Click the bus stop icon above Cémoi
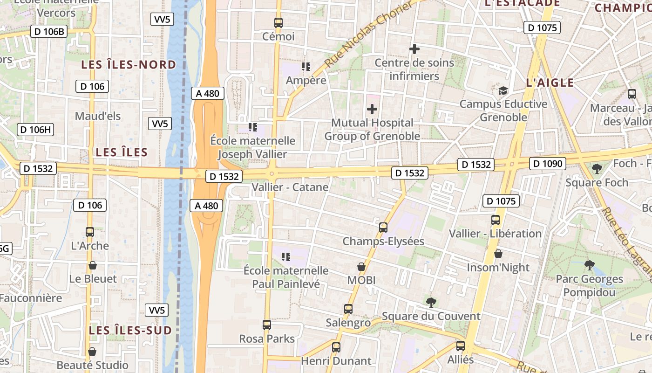point(278,22)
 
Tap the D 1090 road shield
point(548,164)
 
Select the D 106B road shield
point(48,32)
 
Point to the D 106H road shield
point(35,130)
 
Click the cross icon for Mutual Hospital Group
point(372,109)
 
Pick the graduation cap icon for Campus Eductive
point(503,90)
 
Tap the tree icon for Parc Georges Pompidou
point(590,265)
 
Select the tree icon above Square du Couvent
point(431,302)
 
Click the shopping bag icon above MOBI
point(361,267)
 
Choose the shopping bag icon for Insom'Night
point(498,254)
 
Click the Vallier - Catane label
point(290,187)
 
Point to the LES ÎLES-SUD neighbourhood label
point(130,331)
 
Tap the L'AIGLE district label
point(550,83)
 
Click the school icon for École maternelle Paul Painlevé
point(286,256)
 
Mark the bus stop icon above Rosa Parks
point(267,325)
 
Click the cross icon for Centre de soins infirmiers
point(414,48)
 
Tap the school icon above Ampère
point(306,67)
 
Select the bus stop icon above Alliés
point(461,346)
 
